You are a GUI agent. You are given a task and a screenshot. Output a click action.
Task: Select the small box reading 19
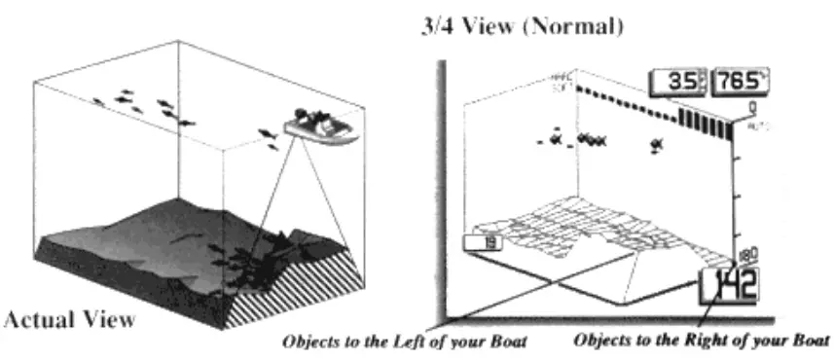coord(484,245)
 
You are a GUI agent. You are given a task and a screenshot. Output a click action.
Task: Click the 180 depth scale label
coord(747,256)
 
